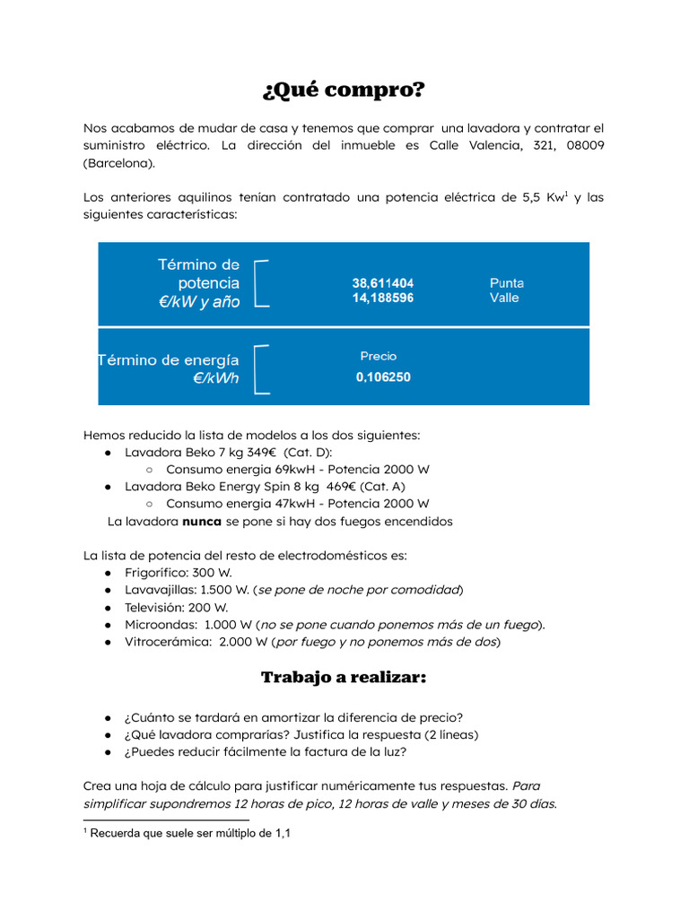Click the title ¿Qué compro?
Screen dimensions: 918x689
pos(344,91)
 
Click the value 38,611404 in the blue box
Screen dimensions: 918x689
pos(382,282)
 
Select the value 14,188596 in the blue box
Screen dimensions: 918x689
pos(382,298)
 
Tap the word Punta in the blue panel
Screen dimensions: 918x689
pos(507,282)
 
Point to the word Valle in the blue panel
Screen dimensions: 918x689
pos(504,298)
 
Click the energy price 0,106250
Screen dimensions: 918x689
pos(383,377)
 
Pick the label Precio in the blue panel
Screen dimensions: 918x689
pos(379,356)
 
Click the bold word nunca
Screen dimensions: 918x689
pos(203,521)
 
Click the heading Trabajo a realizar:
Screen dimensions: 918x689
pos(344,678)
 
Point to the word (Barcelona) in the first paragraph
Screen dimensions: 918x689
pos(119,162)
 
